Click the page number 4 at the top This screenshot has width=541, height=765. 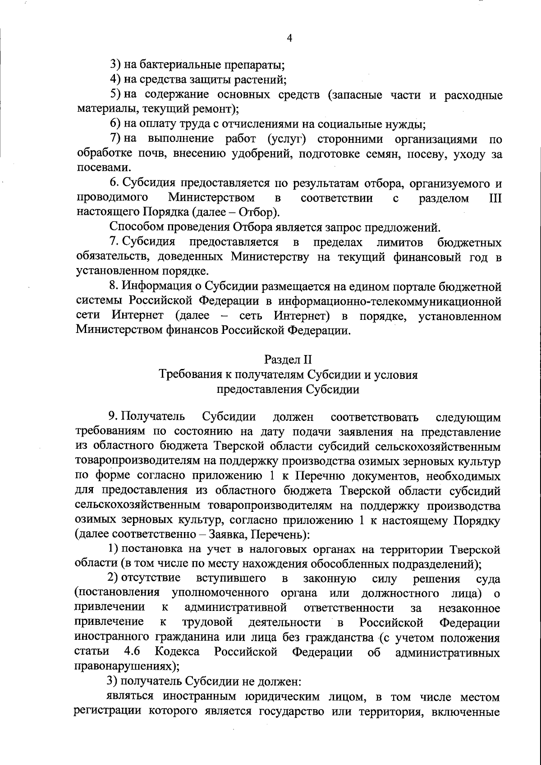click(x=290, y=39)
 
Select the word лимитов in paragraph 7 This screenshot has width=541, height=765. click(x=400, y=242)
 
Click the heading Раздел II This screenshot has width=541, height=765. click(x=288, y=360)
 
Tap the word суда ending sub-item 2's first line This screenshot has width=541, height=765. click(x=488, y=579)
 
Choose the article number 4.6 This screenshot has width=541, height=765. click(x=132, y=652)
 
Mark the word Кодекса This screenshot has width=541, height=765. click(x=177, y=652)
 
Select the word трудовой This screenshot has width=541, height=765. click(x=207, y=623)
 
